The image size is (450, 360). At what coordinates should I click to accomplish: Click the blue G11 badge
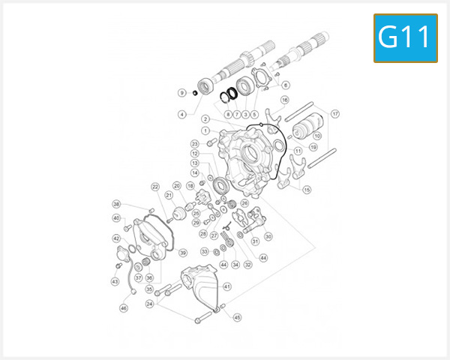pyautogui.click(x=405, y=37)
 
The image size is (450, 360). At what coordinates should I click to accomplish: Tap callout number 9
pyautogui.click(x=181, y=93)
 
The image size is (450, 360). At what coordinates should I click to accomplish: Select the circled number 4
pyautogui.click(x=181, y=115)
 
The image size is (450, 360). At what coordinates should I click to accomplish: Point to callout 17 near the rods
pyautogui.click(x=335, y=114)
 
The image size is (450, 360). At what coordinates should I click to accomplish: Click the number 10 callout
pyautogui.click(x=317, y=136)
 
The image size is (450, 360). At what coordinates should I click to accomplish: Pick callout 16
pyautogui.click(x=285, y=100)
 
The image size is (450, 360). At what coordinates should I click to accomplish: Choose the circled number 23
pyautogui.click(x=194, y=143)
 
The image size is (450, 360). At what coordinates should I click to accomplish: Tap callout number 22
pyautogui.click(x=155, y=187)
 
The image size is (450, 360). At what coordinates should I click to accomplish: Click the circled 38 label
pyautogui.click(x=117, y=204)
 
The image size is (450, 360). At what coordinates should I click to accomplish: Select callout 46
pyautogui.click(x=124, y=307)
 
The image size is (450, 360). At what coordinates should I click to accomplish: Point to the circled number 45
pyautogui.click(x=238, y=317)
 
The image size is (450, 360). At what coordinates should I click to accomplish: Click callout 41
pyautogui.click(x=227, y=286)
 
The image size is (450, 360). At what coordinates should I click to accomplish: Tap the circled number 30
pyautogui.click(x=268, y=235)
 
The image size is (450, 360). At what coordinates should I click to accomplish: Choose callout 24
pyautogui.click(x=150, y=304)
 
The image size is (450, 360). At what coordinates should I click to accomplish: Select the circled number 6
pyautogui.click(x=285, y=85)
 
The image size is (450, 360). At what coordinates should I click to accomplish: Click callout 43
pyautogui.click(x=115, y=281)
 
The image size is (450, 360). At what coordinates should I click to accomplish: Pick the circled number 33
pyautogui.click(x=204, y=251)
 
